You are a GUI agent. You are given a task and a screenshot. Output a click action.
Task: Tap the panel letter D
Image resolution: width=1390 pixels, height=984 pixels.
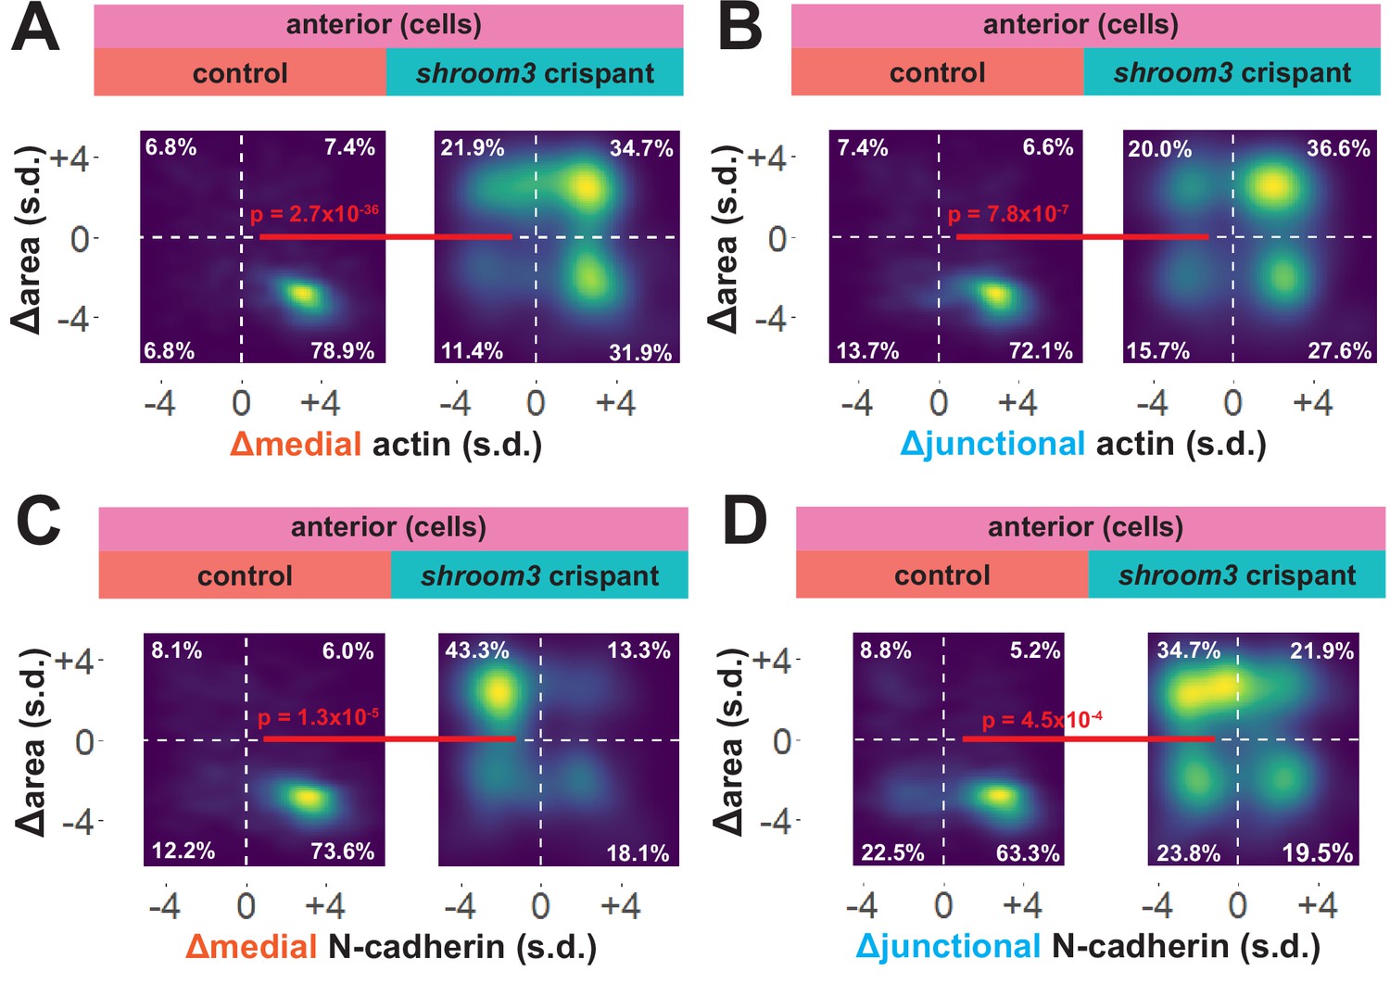click(744, 521)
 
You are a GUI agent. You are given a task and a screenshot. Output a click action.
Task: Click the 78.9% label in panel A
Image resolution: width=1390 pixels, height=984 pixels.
click(342, 350)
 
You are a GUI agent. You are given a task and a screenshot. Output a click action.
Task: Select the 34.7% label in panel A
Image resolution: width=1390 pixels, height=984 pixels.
click(641, 148)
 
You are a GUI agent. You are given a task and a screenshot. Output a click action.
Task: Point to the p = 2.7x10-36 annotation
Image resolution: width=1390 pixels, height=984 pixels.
click(314, 214)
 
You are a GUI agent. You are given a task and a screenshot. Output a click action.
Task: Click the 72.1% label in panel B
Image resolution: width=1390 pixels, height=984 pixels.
click(1041, 350)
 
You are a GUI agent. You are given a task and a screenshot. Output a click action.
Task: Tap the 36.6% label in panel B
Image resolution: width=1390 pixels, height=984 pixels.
click(1338, 148)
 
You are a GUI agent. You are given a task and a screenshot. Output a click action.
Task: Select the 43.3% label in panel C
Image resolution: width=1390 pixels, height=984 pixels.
click(476, 650)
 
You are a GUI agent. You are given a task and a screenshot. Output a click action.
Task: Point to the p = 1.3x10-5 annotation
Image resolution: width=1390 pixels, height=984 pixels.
click(318, 717)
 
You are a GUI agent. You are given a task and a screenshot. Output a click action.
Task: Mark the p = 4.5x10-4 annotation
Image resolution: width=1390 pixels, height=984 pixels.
click(1042, 720)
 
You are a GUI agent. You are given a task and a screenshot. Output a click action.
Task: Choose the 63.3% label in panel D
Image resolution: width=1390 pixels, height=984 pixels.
click(1028, 852)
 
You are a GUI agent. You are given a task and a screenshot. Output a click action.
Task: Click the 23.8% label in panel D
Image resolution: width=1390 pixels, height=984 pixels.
click(1188, 852)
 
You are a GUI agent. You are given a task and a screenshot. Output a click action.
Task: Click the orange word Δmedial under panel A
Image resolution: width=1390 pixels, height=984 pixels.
click(296, 445)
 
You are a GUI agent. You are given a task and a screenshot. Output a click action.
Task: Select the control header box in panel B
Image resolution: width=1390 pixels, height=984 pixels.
click(937, 73)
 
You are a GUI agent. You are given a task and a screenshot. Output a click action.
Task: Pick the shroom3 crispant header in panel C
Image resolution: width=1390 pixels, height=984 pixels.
click(539, 576)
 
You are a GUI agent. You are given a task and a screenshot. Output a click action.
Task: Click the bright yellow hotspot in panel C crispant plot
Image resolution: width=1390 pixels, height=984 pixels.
click(498, 690)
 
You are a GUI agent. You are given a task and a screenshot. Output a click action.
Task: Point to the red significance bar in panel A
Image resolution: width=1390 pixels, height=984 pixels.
click(385, 237)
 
